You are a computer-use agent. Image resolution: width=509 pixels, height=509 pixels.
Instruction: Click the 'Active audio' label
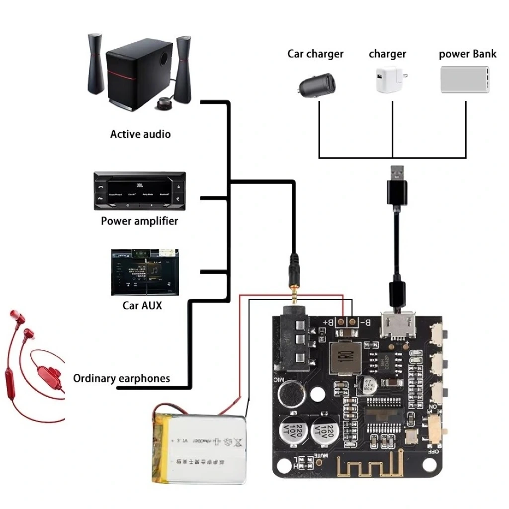point(140,134)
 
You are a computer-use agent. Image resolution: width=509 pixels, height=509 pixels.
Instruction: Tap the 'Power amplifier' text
point(139,221)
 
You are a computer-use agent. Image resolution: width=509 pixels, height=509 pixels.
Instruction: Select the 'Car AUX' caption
point(142,305)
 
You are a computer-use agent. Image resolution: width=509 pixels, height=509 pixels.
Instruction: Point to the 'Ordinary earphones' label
point(121,379)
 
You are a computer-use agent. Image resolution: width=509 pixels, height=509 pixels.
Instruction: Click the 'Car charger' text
point(315,54)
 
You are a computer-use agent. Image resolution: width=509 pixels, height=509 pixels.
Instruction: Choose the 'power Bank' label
point(467,54)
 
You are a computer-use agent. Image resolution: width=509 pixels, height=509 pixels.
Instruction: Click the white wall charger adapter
point(389,80)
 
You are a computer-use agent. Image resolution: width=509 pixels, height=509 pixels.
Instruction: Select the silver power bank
point(464,80)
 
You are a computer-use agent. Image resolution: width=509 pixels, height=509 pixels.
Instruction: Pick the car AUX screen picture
point(145,272)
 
